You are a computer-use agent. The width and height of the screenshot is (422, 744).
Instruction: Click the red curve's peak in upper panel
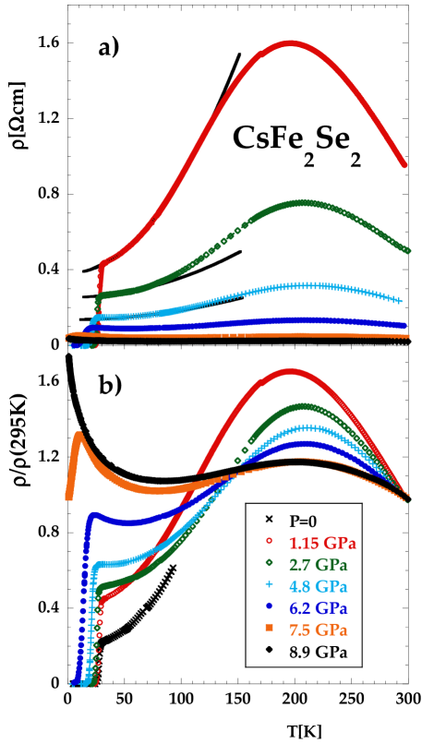(x=292, y=42)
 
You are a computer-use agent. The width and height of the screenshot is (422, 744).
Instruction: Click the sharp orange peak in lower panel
(x=79, y=433)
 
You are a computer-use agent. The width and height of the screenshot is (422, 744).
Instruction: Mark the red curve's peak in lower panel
(x=291, y=370)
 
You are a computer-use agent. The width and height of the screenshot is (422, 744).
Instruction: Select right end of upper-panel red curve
(x=404, y=166)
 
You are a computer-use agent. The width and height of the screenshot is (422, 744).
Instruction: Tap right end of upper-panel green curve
(x=408, y=250)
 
